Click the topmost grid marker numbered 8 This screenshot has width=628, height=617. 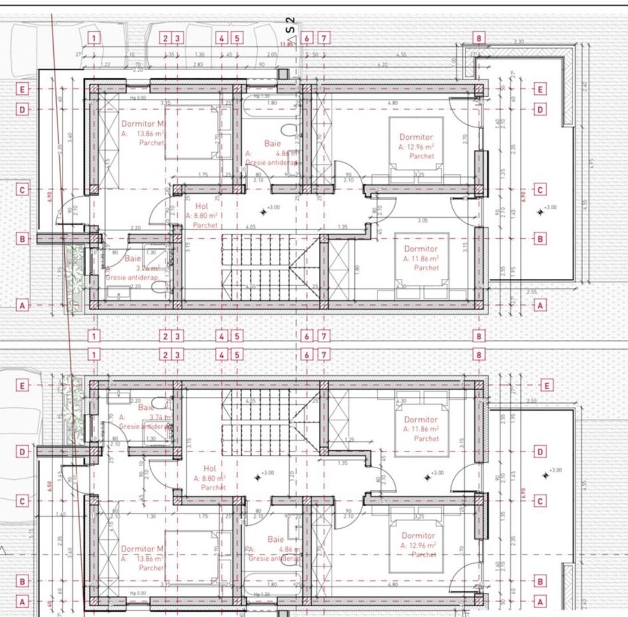pos(479,38)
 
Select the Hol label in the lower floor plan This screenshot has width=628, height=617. pos(210,468)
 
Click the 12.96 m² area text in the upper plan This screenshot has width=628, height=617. pos(417,147)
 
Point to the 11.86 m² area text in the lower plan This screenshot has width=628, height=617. pos(421,429)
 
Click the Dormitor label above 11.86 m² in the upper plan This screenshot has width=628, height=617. pos(421,249)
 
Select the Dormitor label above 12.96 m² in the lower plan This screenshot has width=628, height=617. pos(418,536)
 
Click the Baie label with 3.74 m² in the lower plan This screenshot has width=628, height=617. pos(146,408)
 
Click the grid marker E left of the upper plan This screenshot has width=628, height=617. pos(22,89)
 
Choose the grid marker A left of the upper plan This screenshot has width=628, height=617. pos(22,306)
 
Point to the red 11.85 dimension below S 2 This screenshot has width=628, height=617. pos(286,44)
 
